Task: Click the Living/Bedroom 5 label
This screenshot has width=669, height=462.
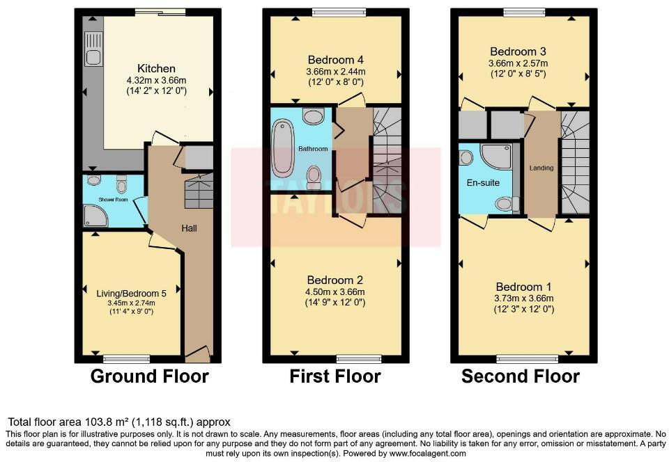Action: (130, 293)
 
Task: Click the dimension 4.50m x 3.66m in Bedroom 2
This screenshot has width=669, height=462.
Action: (335, 292)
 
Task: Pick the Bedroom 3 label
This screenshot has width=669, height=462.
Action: (518, 51)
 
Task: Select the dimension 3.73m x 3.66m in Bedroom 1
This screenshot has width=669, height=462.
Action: (524, 298)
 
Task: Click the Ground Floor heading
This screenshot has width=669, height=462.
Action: (149, 377)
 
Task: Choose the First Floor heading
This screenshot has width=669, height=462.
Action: (334, 377)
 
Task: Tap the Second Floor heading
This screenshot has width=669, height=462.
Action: (521, 377)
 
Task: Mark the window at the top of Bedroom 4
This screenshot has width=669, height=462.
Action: (339, 11)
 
